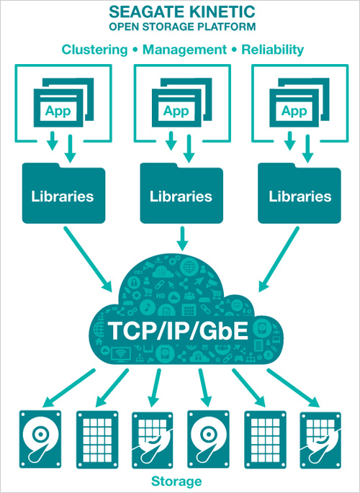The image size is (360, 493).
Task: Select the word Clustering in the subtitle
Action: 94,50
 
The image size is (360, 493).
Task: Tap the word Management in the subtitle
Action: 184,50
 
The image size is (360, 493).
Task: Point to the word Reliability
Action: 273,50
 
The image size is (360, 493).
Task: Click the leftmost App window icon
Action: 63,102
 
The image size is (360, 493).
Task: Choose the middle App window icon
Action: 181,102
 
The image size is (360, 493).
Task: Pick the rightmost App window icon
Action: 300,102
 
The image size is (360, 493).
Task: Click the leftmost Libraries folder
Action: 63,193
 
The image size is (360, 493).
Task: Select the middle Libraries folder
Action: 181,193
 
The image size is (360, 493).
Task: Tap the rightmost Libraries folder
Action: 300,193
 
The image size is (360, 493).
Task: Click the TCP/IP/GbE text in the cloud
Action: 179,331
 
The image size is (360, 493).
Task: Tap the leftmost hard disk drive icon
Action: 40,439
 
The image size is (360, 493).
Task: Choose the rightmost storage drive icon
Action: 320,440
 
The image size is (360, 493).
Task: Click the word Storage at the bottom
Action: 176,481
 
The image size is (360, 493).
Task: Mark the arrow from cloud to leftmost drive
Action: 68,388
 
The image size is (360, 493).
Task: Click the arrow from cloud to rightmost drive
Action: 294,388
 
